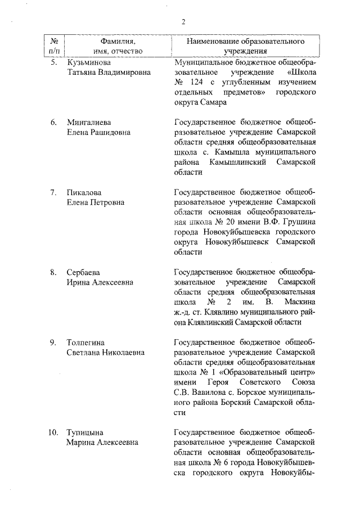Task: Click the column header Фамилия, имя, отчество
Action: tap(118, 46)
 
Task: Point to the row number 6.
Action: tap(53, 122)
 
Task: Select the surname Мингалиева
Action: tap(88, 122)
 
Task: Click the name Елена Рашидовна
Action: tap(98, 132)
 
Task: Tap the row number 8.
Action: tap(53, 272)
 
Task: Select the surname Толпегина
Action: tap(86, 343)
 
